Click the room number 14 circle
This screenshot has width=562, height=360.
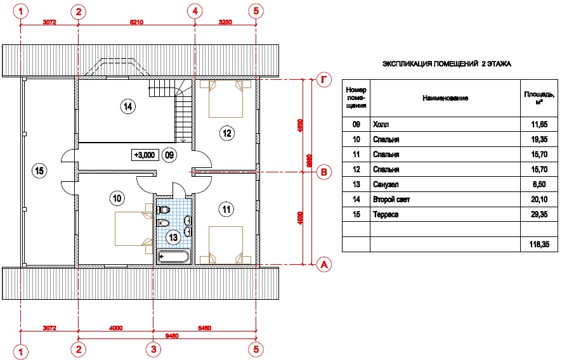coord(128,106)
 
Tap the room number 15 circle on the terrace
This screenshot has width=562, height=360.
coord(39,170)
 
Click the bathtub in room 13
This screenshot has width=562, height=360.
coord(173,257)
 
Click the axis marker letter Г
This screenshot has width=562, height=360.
coord(324,80)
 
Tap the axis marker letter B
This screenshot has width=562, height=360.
coord(324,171)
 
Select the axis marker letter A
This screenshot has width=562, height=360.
coord(324,264)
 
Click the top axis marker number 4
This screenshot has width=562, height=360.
coord(195,11)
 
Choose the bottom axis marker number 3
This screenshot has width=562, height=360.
coord(153,349)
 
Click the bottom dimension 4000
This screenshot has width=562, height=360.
coord(115,328)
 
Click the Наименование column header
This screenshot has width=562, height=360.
coord(445,98)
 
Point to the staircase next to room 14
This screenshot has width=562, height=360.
coord(183,114)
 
